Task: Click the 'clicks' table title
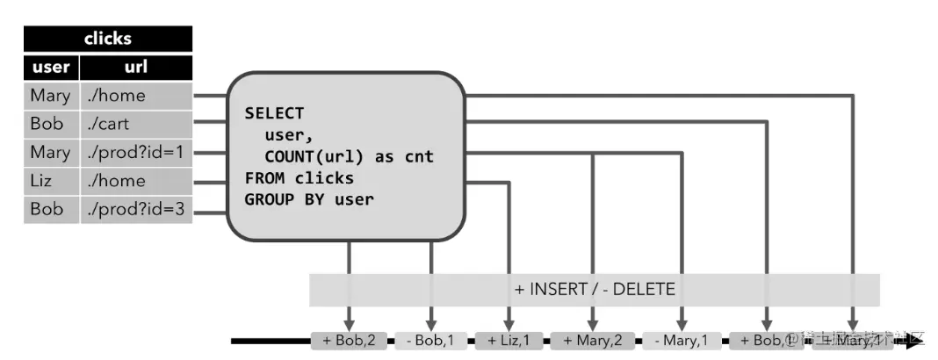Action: click(107, 39)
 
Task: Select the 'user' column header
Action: click(51, 67)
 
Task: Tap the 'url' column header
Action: click(135, 67)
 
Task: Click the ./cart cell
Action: click(136, 124)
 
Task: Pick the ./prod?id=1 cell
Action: click(136, 153)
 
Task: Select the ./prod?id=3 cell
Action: click(136, 210)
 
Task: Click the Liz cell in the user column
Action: click(51, 182)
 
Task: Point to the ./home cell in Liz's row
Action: click(136, 182)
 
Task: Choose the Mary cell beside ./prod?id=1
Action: click(51, 153)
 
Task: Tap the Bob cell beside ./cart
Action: click(51, 124)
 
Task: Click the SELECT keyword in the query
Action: click(274, 113)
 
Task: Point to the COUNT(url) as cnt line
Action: click(349, 156)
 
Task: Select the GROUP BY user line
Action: click(309, 199)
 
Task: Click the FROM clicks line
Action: click(299, 178)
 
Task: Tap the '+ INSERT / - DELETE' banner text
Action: click(594, 289)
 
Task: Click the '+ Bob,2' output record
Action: click(349, 340)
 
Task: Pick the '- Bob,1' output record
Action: click(430, 340)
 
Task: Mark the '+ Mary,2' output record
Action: click(593, 340)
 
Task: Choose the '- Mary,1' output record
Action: click(681, 340)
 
